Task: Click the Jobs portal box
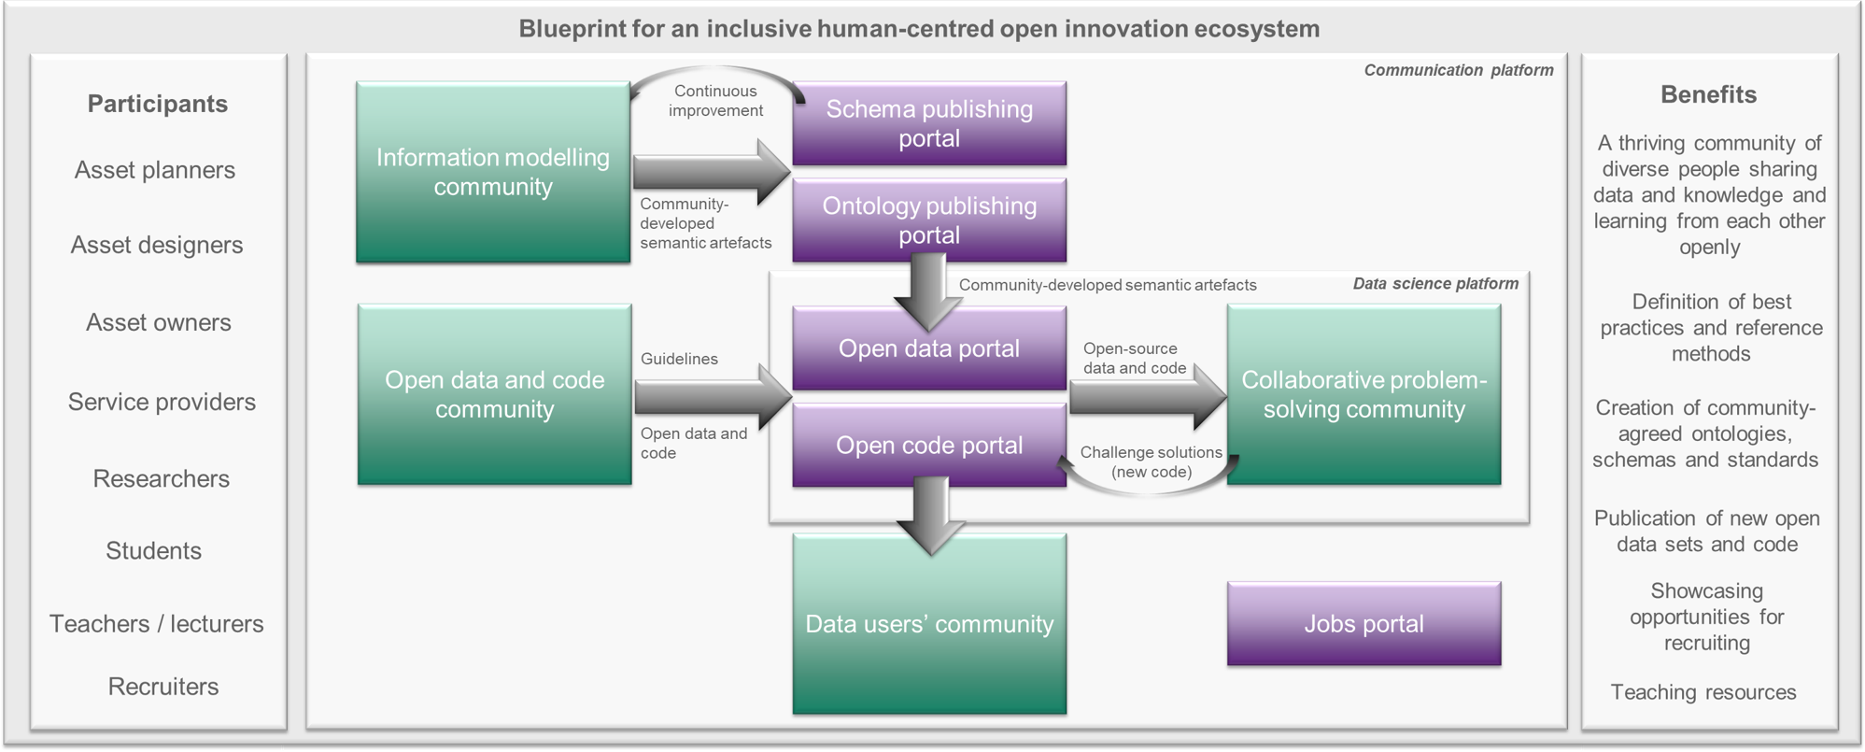[1363, 623]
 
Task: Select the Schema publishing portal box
[929, 123]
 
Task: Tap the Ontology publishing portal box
[929, 220]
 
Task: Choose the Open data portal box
[929, 348]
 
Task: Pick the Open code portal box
[929, 446]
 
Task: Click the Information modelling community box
[493, 172]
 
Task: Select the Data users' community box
[929, 624]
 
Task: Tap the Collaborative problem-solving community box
[1363, 394]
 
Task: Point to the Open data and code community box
[494, 394]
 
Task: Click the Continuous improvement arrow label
[715, 101]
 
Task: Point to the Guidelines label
[679, 359]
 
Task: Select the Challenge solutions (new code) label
[1151, 461]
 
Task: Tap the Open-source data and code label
[1135, 358]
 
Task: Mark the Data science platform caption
[1435, 283]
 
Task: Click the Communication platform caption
[1459, 70]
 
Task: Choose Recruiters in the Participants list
[163, 687]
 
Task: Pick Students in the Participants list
[153, 550]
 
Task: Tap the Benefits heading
[1708, 94]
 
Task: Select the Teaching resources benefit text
[1703, 692]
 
